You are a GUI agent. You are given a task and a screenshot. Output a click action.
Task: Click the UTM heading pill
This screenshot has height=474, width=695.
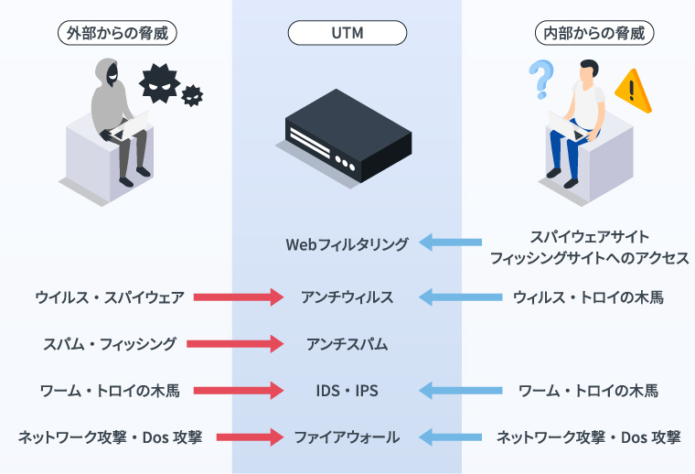pos(347,33)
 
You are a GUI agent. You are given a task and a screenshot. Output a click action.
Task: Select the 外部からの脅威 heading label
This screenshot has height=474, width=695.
pos(116,33)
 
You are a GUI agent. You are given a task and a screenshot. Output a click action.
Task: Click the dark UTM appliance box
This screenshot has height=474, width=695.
pos(347,137)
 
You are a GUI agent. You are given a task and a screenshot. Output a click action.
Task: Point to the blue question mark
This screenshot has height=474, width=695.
pos(540,79)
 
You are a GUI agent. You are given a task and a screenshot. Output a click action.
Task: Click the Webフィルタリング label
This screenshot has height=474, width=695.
pos(347,244)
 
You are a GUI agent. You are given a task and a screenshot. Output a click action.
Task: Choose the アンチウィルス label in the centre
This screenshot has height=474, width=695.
pos(347,297)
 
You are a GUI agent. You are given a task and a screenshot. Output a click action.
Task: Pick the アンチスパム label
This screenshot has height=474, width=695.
pos(347,344)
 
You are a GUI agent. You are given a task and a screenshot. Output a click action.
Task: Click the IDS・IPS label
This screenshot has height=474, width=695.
pos(347,391)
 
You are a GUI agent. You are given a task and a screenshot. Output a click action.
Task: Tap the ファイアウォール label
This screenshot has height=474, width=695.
pos(347,437)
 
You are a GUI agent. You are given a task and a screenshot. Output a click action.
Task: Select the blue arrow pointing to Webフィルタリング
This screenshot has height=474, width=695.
pos(451,242)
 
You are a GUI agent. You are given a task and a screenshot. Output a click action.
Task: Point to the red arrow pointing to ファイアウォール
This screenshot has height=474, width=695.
pos(250,437)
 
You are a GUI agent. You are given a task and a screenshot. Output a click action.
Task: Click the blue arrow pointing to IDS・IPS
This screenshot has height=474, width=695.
pos(461,391)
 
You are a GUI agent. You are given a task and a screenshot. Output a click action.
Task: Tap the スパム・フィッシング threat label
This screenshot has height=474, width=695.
pos(110,344)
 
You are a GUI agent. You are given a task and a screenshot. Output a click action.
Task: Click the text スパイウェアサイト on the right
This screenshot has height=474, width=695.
pos(590,236)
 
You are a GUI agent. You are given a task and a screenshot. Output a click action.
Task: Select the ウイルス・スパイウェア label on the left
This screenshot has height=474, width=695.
pos(110,297)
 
